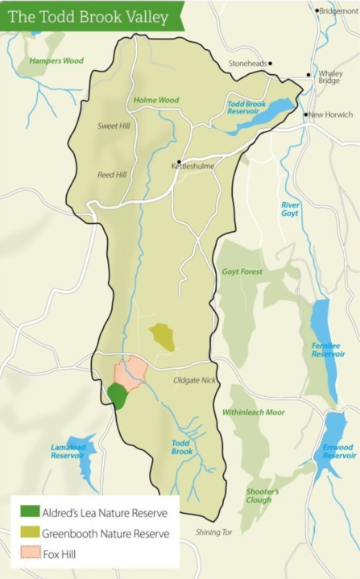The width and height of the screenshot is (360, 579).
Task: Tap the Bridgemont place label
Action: click(339, 11)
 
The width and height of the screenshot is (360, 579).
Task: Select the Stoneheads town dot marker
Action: click(271, 63)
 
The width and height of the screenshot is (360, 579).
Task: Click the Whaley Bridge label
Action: click(330, 77)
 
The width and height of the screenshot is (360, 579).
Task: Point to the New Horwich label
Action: click(331, 115)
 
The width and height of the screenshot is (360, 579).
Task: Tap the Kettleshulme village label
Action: click(190, 167)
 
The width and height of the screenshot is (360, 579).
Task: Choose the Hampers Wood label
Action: click(56, 60)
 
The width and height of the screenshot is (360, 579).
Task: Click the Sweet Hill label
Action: click(114, 126)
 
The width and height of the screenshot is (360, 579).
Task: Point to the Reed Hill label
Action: click(112, 174)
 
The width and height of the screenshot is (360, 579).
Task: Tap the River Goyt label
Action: click(290, 209)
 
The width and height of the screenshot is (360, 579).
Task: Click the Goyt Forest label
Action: click(242, 272)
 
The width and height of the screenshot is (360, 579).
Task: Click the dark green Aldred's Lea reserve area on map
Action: click(118, 395)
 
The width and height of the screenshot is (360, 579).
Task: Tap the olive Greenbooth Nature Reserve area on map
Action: click(163, 336)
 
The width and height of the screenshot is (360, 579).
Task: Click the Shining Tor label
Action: click(214, 532)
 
